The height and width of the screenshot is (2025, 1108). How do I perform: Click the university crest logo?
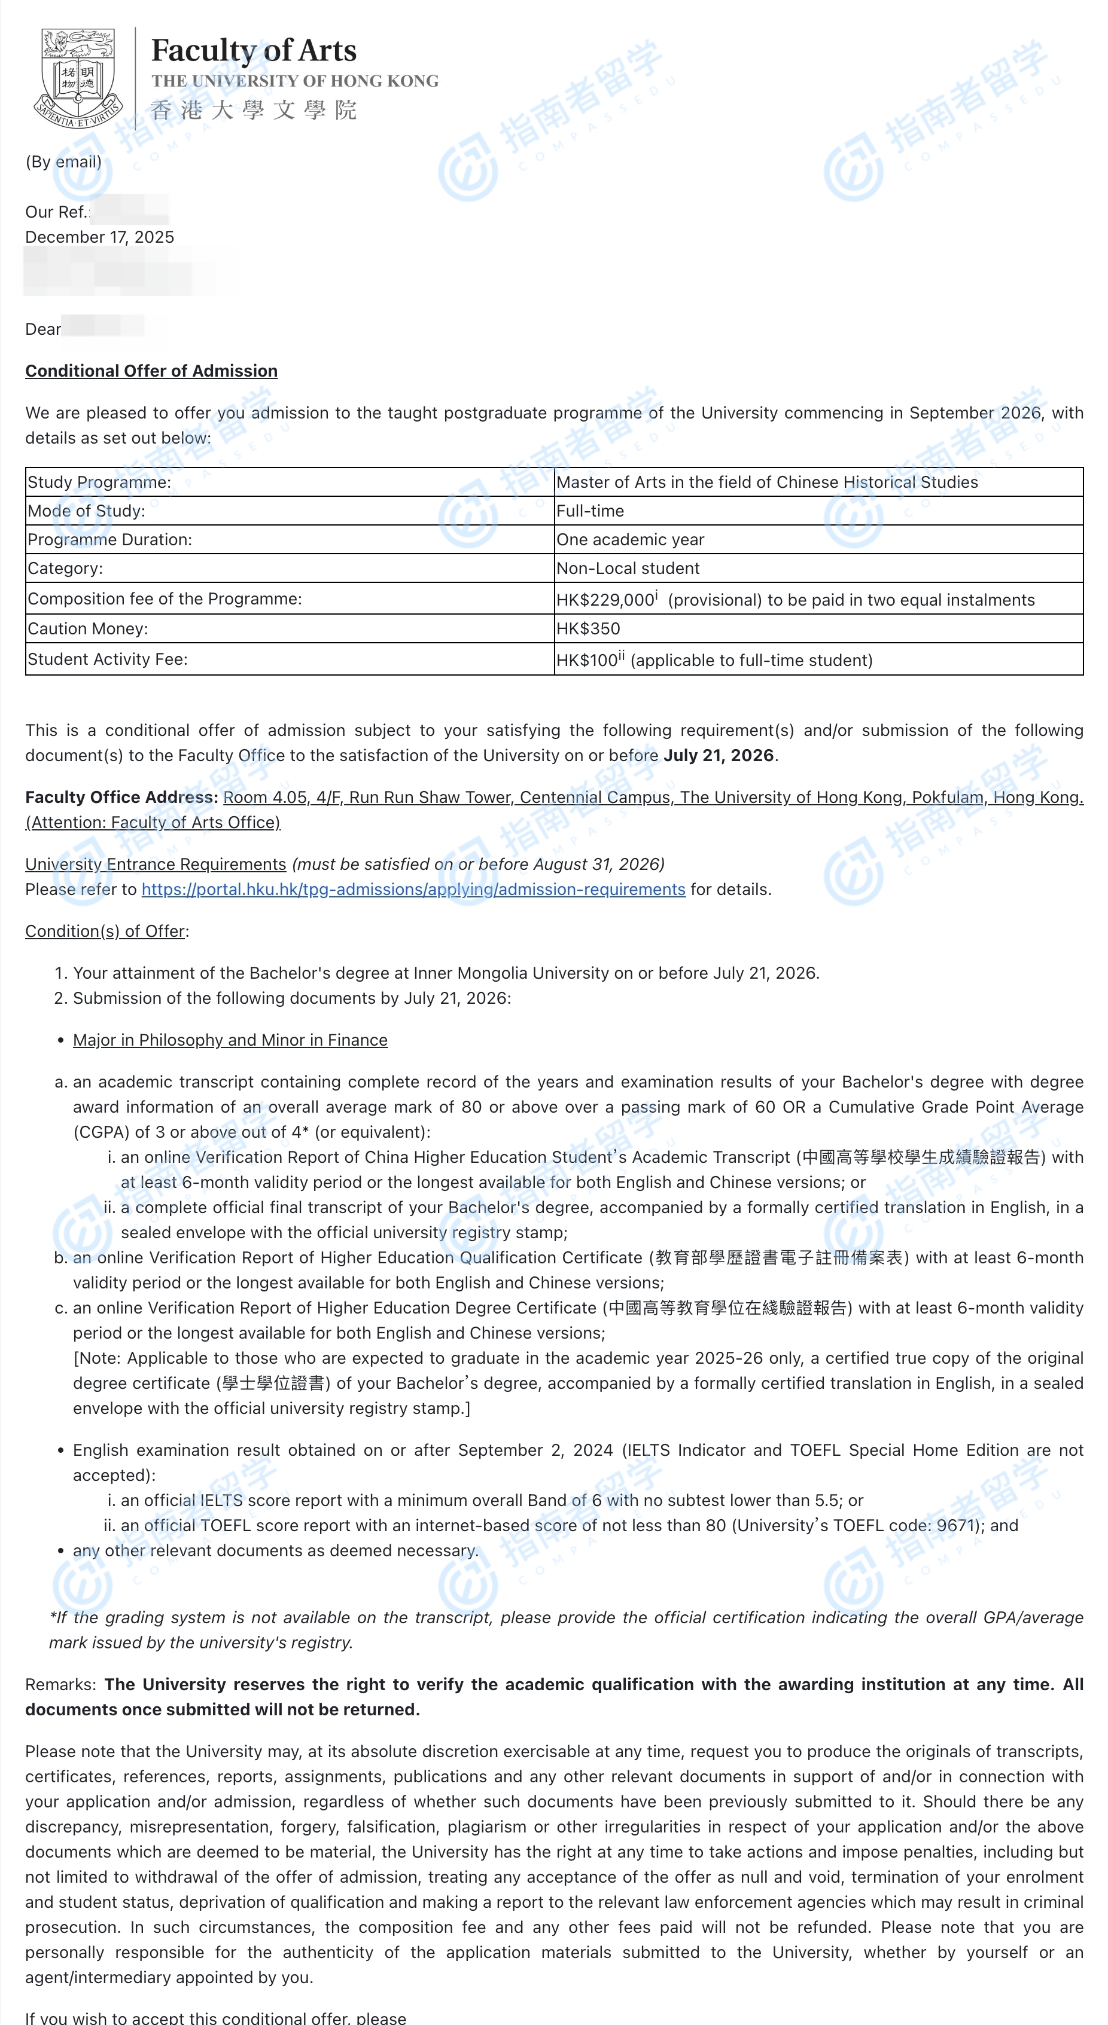pos(78,78)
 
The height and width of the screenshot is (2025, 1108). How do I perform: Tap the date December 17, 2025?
pos(100,237)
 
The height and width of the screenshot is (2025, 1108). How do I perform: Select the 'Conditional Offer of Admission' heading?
pos(151,371)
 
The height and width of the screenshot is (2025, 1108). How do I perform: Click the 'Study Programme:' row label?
pos(99,482)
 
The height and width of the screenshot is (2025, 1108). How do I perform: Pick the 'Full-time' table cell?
pos(590,511)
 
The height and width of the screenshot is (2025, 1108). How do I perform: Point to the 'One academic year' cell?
pos(630,540)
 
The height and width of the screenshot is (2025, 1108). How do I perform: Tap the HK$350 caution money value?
pos(588,629)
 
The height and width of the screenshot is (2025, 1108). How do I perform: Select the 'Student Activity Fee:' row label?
pos(108,659)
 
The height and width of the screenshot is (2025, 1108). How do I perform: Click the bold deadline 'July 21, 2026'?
pos(719,756)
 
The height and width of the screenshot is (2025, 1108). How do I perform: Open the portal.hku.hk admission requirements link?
pos(413,889)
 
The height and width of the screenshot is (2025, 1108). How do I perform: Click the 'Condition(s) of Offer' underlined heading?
pos(105,931)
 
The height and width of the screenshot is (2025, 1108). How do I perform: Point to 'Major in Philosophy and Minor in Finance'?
pos(230,1040)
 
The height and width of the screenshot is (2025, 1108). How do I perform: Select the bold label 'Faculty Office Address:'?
pos(121,797)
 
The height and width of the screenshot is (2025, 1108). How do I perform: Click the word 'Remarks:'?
pos(60,1685)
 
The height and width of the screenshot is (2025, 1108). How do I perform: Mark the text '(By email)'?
pos(63,162)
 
